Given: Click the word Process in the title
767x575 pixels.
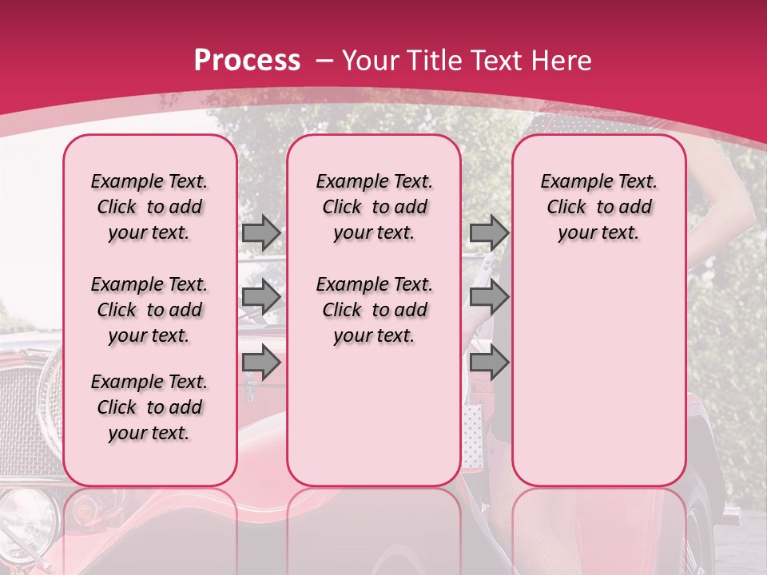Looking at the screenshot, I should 247,61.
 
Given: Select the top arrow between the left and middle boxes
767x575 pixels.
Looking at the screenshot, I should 261,232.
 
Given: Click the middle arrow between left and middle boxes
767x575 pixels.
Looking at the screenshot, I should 261,297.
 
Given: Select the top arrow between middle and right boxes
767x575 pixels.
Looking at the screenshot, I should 489,232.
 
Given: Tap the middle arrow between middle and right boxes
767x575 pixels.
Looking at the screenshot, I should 489,297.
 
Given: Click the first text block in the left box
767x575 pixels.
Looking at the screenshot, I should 149,207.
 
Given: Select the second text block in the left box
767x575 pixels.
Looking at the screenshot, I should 149,310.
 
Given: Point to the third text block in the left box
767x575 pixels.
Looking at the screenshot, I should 149,407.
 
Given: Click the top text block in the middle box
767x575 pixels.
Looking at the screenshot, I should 374,207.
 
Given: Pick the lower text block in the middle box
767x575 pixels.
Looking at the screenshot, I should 374,310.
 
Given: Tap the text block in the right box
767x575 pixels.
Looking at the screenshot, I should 598,207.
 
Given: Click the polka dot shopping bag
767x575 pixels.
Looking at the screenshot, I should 472,435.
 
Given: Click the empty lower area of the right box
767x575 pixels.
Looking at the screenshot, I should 598,375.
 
